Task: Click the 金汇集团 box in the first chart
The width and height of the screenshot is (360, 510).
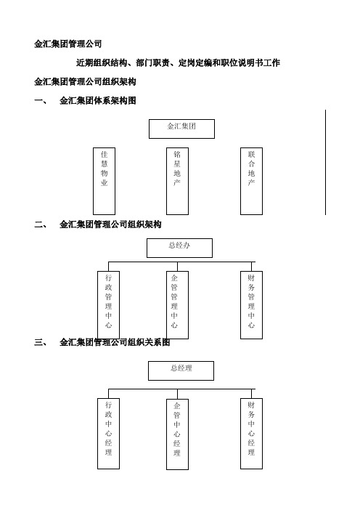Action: point(181,129)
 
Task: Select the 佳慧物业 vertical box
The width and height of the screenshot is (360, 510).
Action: point(104,181)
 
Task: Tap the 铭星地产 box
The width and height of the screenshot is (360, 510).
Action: point(177,181)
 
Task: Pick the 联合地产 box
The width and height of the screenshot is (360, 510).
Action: point(251,181)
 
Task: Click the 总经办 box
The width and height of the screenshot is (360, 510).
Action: point(180,248)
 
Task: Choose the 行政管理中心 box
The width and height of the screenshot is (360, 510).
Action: point(109,304)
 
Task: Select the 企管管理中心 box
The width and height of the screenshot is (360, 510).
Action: point(177,304)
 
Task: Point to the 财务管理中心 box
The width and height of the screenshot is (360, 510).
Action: point(251,304)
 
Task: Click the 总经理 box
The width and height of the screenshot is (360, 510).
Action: point(181,371)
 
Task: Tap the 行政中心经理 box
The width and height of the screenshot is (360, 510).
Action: point(109,434)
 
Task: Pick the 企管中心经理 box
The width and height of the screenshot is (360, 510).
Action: point(177,434)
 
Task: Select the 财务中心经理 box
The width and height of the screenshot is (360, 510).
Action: point(251,434)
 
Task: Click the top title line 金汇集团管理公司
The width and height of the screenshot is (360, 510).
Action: point(68,44)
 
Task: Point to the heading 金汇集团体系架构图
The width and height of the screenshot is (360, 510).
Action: point(98,100)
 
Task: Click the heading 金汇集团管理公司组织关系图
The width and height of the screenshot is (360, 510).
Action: point(115,342)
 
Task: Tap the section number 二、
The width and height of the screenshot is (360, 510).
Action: point(41,224)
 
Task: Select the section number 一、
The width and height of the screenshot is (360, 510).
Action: point(41,100)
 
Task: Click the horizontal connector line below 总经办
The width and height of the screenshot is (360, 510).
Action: point(182,262)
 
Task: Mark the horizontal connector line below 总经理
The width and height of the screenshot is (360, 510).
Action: point(182,389)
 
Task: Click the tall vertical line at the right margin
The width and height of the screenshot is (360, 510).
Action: point(325,162)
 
